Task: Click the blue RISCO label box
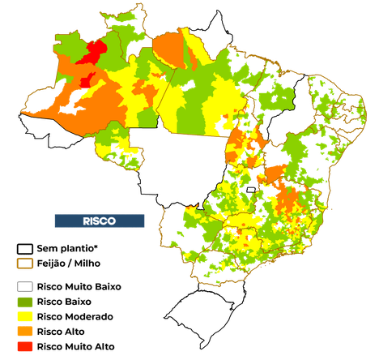(99, 221)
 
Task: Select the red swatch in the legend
(26, 346)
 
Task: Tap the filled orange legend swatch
(26, 332)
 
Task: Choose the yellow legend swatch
(26, 316)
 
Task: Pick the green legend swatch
(26, 302)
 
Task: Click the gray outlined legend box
(26, 287)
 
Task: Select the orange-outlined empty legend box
(26, 264)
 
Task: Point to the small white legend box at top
(24, 248)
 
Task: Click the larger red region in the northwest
(92, 53)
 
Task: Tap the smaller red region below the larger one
(87, 79)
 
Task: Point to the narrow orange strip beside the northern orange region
(194, 54)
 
